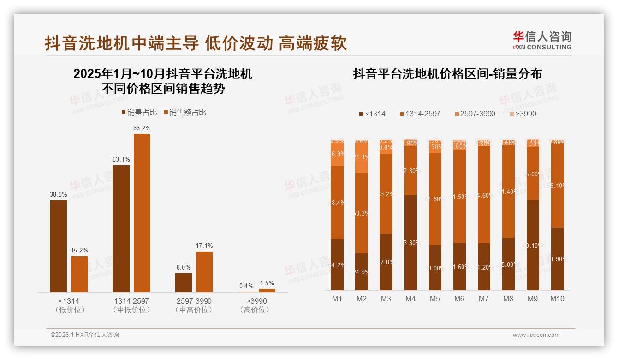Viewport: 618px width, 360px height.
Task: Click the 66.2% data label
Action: click(142, 128)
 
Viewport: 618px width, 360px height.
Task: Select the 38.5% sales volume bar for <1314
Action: click(59, 246)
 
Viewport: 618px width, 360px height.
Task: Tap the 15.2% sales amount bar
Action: click(79, 274)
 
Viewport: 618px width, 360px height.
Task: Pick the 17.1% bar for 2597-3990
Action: click(204, 271)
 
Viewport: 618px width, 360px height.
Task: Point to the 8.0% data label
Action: click(183, 267)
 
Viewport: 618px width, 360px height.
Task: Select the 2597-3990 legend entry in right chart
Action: click(475, 114)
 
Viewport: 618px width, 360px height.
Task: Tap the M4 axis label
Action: click(410, 299)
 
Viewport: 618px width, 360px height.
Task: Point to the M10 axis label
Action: click(557, 299)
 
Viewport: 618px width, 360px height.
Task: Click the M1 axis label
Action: click(337, 299)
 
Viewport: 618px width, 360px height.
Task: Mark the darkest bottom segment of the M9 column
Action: click(532, 245)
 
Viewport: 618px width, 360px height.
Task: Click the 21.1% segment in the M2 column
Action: click(362, 157)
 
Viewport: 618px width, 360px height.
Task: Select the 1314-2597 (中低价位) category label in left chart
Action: click(131, 305)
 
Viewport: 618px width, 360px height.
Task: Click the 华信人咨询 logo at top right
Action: click(542, 41)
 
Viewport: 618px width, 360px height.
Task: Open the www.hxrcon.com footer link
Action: click(536, 335)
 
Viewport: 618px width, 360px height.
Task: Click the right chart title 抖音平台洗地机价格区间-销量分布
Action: click(447, 74)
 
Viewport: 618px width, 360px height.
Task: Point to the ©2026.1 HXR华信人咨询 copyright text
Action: click(85, 335)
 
